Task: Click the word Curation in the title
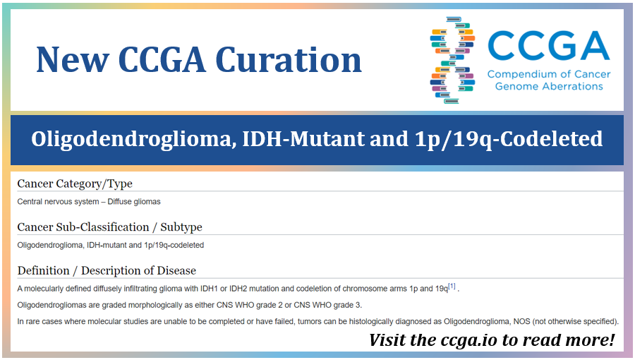pyautogui.click(x=289, y=59)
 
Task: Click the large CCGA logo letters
pyautogui.click(x=548, y=46)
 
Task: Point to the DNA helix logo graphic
pyautogui.click(x=452, y=61)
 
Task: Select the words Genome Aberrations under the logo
pyautogui.click(x=549, y=86)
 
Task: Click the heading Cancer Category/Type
pyautogui.click(x=75, y=184)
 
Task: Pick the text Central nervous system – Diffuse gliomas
pyautogui.click(x=89, y=201)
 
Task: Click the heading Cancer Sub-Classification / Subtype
pyautogui.click(x=109, y=227)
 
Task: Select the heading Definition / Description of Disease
pyautogui.click(x=107, y=270)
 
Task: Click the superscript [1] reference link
pyautogui.click(x=452, y=286)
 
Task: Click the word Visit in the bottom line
pyautogui.click(x=389, y=340)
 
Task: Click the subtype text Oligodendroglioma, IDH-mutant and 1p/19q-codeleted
pyautogui.click(x=110, y=245)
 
